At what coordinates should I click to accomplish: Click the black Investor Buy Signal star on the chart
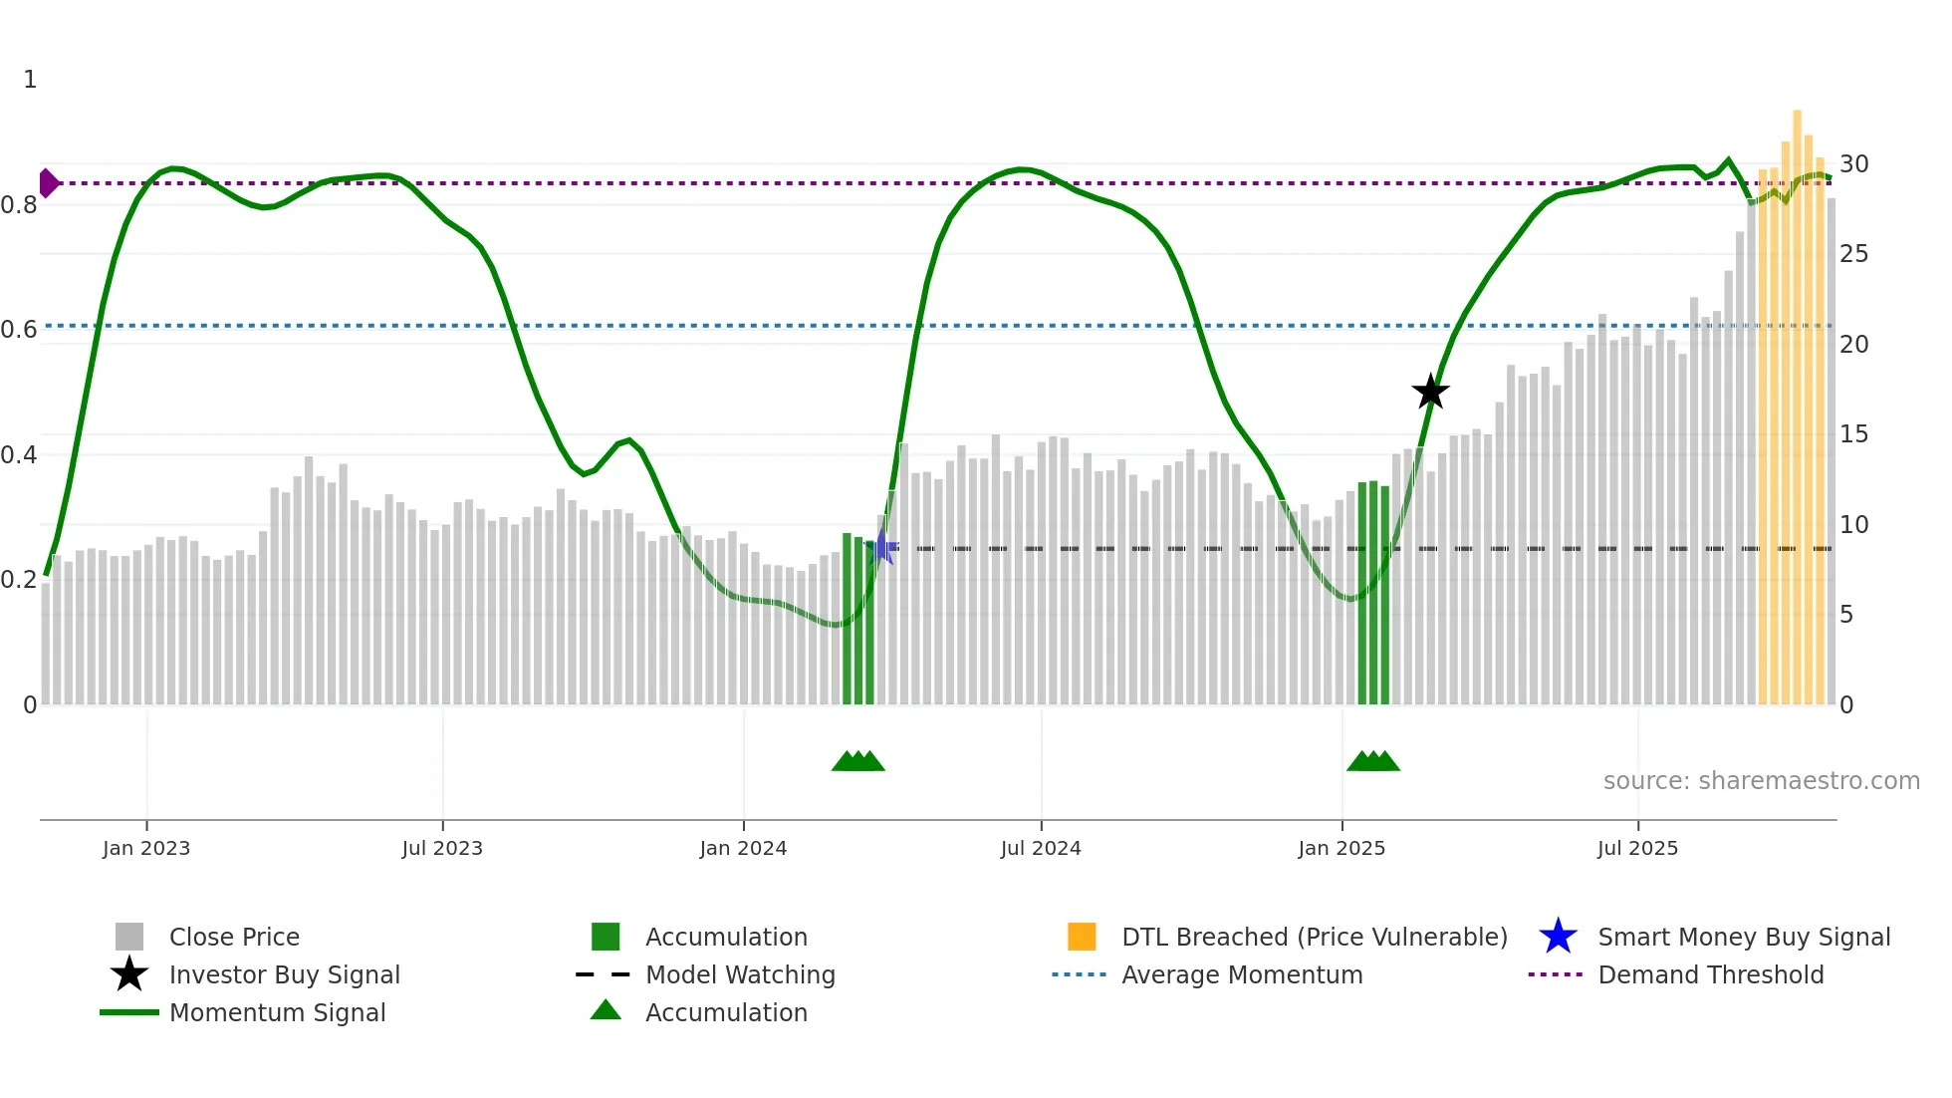tap(1430, 392)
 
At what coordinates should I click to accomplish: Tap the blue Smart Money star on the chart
tap(881, 547)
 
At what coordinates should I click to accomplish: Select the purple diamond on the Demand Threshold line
tap(48, 183)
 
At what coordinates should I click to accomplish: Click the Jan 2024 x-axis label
tap(743, 848)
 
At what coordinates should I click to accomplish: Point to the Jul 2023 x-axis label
tap(442, 848)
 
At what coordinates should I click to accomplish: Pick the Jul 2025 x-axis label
tap(1637, 848)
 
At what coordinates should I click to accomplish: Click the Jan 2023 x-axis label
tap(146, 848)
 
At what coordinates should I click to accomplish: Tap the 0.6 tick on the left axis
tap(19, 330)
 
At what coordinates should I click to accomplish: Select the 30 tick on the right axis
tap(1853, 164)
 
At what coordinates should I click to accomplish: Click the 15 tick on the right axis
tap(1853, 434)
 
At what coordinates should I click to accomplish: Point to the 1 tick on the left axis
tap(30, 80)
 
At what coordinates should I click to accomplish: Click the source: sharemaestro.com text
tap(1761, 781)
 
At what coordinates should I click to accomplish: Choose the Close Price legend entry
tap(234, 937)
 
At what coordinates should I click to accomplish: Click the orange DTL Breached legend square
tap(1082, 937)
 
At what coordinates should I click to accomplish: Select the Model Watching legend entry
tap(740, 974)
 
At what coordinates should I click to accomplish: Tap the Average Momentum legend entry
tap(1242, 974)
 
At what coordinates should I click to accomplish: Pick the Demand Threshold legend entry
tap(1710, 974)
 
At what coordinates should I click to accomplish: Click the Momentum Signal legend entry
tap(277, 1012)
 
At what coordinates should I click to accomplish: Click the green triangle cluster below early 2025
tap(1373, 761)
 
